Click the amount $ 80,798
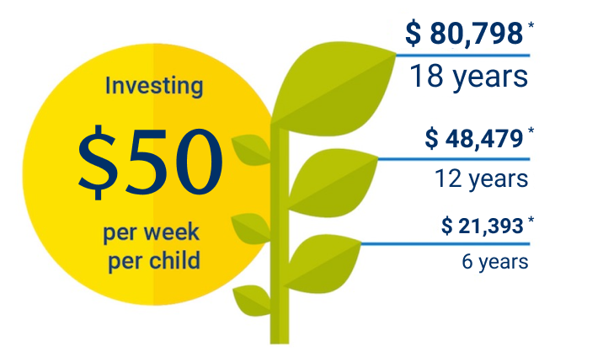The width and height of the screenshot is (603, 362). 463,33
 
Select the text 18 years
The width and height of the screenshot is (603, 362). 468,77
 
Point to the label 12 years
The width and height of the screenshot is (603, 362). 481,178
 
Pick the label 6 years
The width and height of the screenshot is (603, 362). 494,261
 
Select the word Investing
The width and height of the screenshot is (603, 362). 154,85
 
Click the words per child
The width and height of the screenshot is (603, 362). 154,260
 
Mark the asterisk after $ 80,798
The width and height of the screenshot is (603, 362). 531,26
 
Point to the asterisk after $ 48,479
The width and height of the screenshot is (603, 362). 531,130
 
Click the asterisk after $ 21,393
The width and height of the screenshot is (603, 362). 531,221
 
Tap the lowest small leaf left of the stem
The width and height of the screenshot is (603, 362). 251,298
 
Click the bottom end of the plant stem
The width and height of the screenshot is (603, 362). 280,338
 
